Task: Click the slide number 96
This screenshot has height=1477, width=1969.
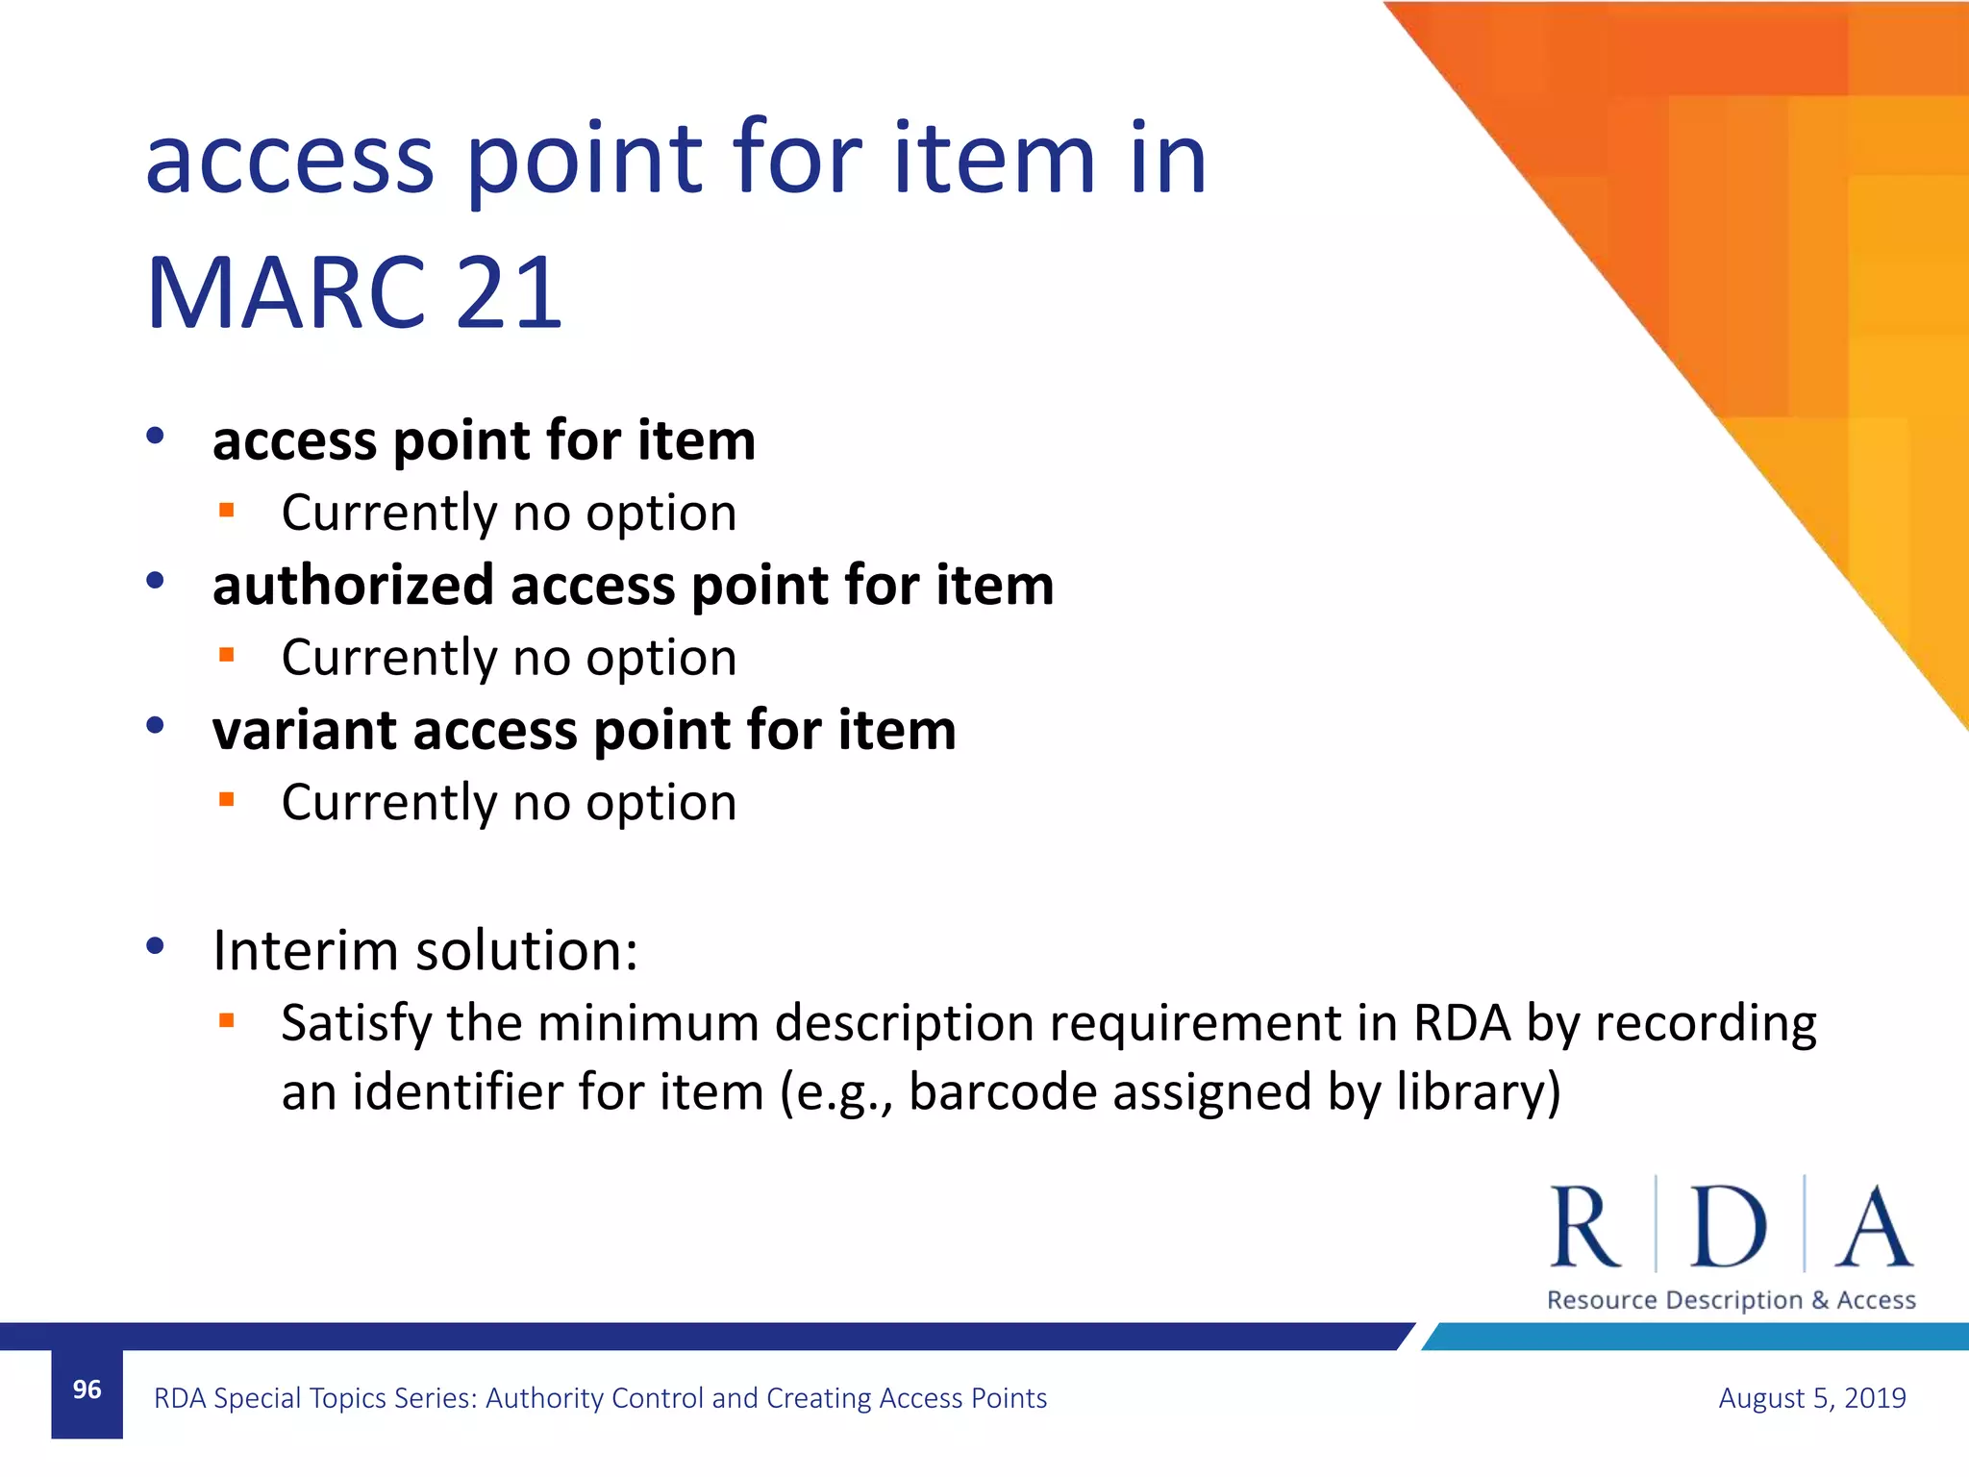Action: [x=87, y=1389]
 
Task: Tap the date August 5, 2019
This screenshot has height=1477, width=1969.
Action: [x=1811, y=1397]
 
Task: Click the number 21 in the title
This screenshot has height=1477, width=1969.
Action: [x=509, y=292]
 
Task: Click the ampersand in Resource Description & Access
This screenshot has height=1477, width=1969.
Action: [x=1820, y=1300]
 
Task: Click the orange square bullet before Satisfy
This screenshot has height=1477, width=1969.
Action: [x=227, y=1020]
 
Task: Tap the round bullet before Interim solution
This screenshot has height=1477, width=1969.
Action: [x=155, y=946]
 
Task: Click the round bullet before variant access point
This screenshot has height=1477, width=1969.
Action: [x=155, y=725]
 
